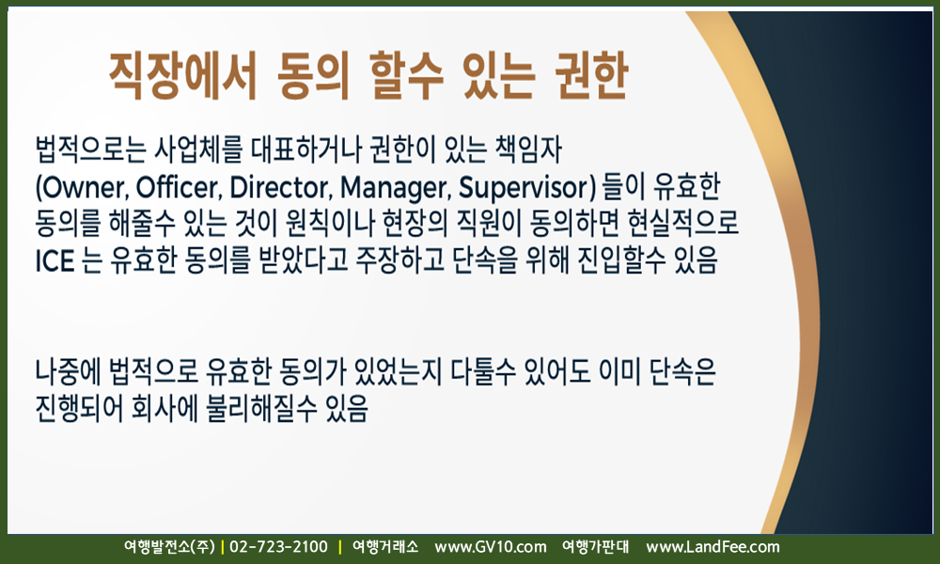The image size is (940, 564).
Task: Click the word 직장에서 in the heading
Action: click(x=183, y=75)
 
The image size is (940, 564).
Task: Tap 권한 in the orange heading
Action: click(x=590, y=75)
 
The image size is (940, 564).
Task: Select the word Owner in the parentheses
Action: click(x=82, y=188)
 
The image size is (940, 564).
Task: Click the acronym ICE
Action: click(x=55, y=260)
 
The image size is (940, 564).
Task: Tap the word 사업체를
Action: click(x=197, y=149)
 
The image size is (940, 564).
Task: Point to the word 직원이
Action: click(x=489, y=224)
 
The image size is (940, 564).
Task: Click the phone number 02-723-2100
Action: click(x=279, y=547)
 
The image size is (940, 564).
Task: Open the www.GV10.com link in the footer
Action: click(x=491, y=547)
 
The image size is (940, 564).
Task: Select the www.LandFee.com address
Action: click(x=713, y=547)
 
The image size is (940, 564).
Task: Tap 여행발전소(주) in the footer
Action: click(x=169, y=547)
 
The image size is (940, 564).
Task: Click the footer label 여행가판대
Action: click(x=595, y=547)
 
